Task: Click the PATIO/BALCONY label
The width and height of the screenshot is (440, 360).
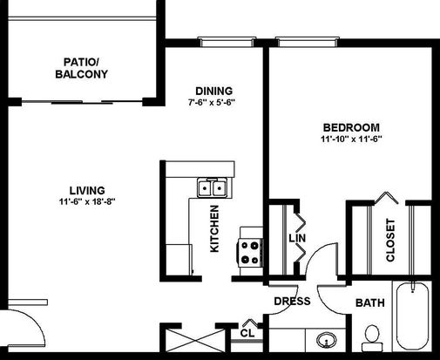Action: pyautogui.click(x=81, y=68)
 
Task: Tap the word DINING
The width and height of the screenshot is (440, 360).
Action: pyautogui.click(x=214, y=91)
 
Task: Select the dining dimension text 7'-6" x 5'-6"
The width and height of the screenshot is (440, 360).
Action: pyautogui.click(x=211, y=103)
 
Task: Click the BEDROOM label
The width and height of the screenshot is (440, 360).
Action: pyautogui.click(x=351, y=127)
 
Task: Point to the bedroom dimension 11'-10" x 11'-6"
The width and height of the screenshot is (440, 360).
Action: pyautogui.click(x=351, y=139)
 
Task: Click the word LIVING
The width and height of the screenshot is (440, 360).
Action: pyautogui.click(x=87, y=190)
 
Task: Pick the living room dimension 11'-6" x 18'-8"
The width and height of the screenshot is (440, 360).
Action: pyautogui.click(x=87, y=201)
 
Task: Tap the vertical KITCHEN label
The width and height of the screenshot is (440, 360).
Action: pyautogui.click(x=214, y=228)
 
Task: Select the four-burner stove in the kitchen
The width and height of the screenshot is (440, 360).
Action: pyautogui.click(x=250, y=252)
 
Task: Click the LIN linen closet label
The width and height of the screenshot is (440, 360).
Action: pyautogui.click(x=297, y=238)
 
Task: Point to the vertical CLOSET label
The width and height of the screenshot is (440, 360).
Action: pyautogui.click(x=390, y=240)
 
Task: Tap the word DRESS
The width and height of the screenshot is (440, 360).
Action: pyautogui.click(x=292, y=302)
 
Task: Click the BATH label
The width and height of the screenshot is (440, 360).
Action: pyautogui.click(x=370, y=303)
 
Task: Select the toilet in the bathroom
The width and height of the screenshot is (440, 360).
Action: pyautogui.click(x=371, y=338)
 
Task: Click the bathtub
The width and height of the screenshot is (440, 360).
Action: pyautogui.click(x=412, y=316)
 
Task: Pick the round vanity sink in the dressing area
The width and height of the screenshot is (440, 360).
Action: pyautogui.click(x=327, y=340)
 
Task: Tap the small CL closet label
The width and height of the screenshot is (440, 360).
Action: pyautogui.click(x=247, y=333)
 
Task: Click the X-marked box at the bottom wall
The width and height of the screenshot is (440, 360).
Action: pyautogui.click(x=195, y=340)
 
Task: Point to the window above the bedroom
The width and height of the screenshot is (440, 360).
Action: pyautogui.click(x=308, y=42)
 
